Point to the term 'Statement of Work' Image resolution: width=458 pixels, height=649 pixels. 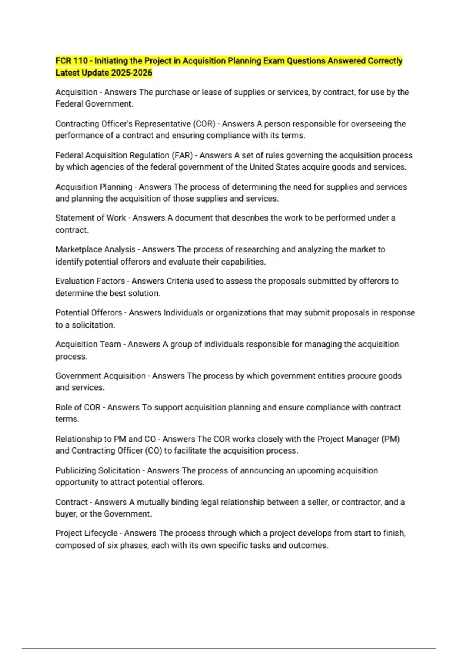pyautogui.click(x=90, y=218)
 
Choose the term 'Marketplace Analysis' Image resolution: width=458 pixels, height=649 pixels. pyautogui.click(x=95, y=250)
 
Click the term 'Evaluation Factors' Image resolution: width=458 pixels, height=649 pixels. pyautogui.click(x=90, y=281)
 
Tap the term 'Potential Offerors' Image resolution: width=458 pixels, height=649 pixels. pyautogui.click(x=89, y=313)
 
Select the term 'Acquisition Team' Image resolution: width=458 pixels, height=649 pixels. pyautogui.click(x=88, y=344)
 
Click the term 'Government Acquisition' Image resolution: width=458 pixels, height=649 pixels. pyautogui.click(x=100, y=376)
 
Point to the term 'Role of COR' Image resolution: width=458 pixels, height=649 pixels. pyautogui.click(x=78, y=407)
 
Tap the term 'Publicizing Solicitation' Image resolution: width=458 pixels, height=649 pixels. pyautogui.click(x=98, y=471)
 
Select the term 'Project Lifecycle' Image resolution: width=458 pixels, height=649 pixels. pyautogui.click(x=86, y=533)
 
